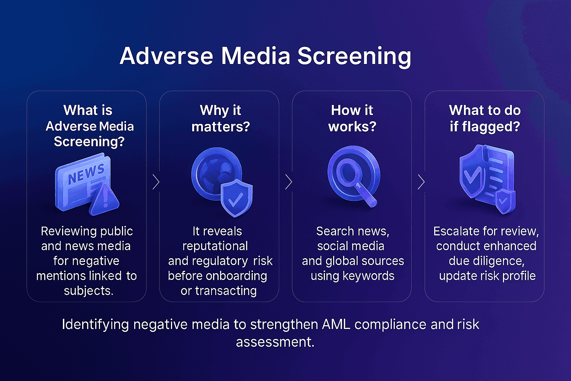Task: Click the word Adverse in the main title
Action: point(166,56)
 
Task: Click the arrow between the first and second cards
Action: point(156,182)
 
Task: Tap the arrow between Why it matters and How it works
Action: point(288,182)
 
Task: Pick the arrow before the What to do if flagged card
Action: point(421,182)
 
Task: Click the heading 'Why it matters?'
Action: point(220,118)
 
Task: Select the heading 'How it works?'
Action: point(352,118)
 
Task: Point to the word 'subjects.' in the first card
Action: point(88,291)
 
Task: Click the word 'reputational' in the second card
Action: point(215,246)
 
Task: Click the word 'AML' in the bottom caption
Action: point(336,324)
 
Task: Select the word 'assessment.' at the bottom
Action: point(275,342)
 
